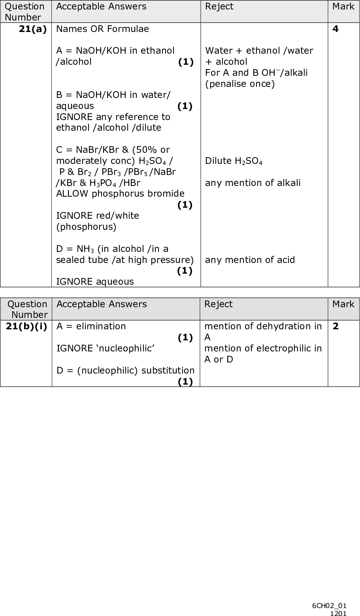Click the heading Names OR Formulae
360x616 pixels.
click(x=103, y=29)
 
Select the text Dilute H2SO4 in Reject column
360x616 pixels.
click(x=234, y=161)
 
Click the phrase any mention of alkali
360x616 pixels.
click(x=253, y=183)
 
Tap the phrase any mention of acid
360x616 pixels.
click(x=250, y=260)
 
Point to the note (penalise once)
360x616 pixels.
click(x=239, y=84)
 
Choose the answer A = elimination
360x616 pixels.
click(x=91, y=326)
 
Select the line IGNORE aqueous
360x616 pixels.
click(x=95, y=282)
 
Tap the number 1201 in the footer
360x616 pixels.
click(x=338, y=613)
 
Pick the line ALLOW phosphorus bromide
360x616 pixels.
click(x=120, y=193)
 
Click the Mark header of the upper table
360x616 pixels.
click(x=343, y=6)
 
